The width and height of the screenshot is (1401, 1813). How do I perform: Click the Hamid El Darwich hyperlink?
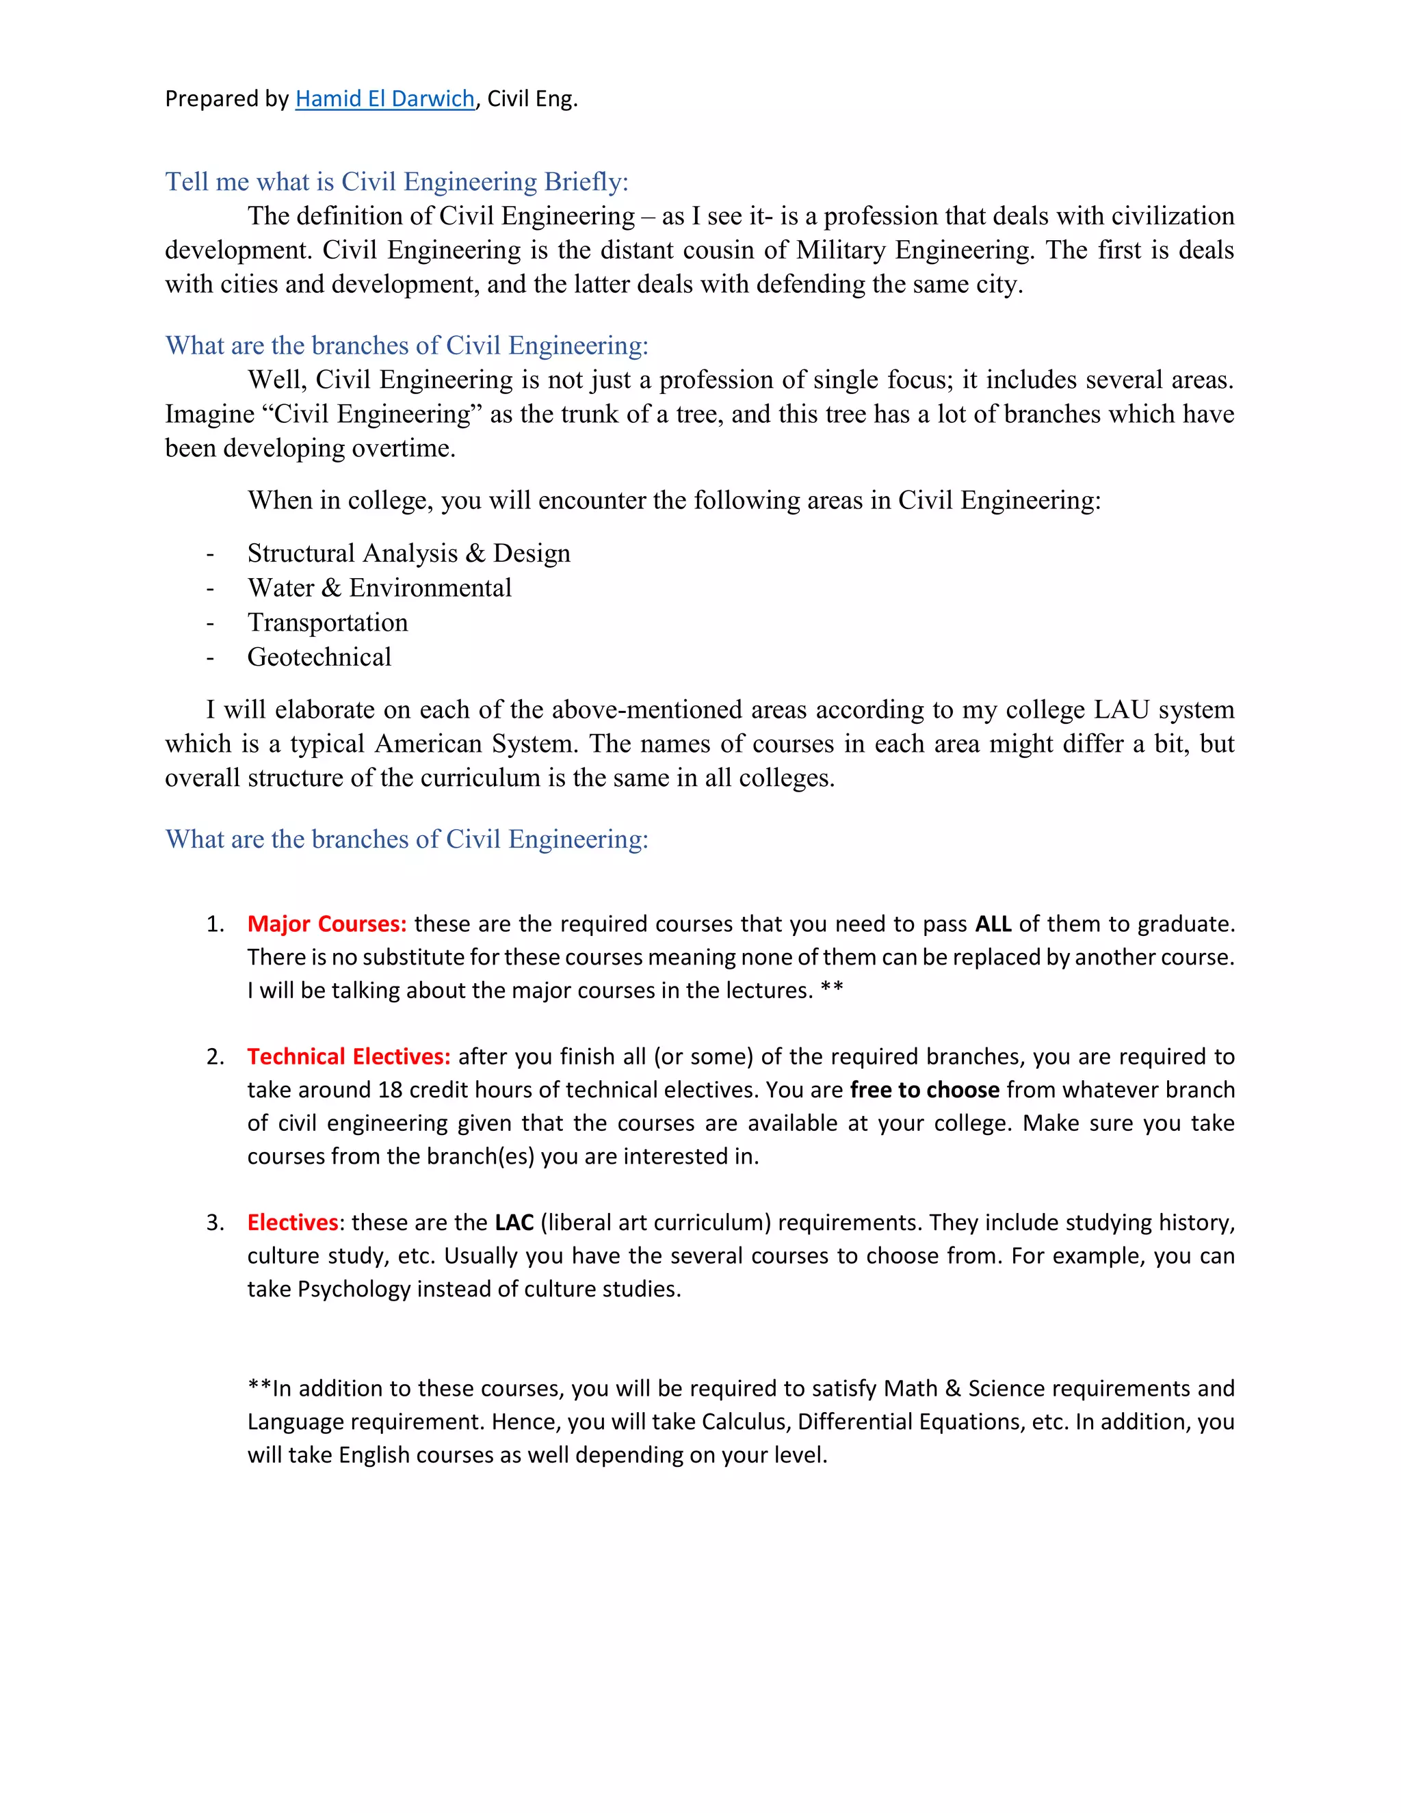tap(384, 99)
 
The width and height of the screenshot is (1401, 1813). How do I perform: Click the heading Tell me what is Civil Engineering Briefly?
tap(397, 181)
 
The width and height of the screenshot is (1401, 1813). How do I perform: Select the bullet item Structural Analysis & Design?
tap(408, 553)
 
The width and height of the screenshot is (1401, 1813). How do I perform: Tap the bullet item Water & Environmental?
tap(379, 588)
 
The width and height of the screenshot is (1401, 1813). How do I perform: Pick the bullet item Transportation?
tap(327, 623)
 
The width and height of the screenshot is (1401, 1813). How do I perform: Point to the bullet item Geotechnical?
tap(319, 657)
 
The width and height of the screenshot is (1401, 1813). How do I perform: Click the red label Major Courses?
tap(326, 924)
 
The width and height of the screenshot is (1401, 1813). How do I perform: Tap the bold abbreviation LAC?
tap(514, 1223)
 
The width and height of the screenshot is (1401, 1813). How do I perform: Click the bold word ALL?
tap(993, 924)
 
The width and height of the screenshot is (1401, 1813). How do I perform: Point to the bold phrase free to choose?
tap(925, 1090)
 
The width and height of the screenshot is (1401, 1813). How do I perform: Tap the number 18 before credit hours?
tap(389, 1090)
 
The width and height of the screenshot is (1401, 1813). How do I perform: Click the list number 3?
tap(214, 1223)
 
